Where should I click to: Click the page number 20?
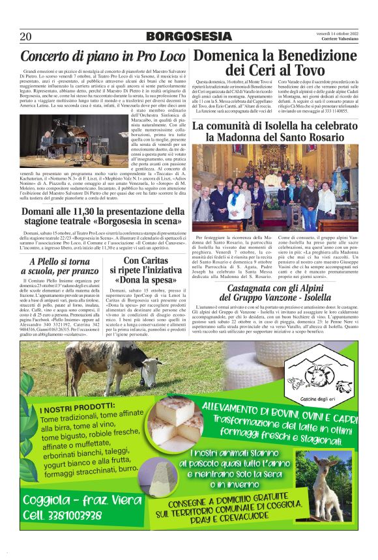tap(25, 36)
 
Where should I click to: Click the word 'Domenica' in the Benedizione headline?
tap(229, 56)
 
